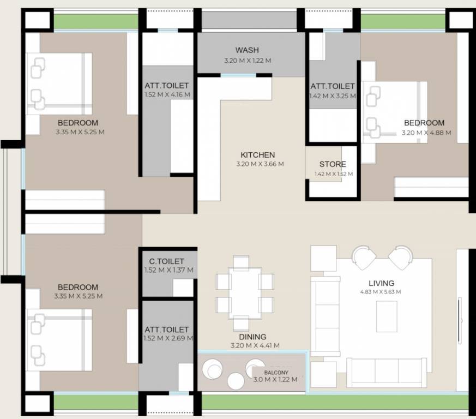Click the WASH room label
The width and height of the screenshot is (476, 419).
click(x=247, y=50)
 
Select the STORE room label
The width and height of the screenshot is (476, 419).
click(x=333, y=164)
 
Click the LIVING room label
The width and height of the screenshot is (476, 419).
click(x=381, y=283)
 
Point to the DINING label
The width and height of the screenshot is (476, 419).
click(x=251, y=337)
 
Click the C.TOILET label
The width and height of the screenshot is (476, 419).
click(x=164, y=261)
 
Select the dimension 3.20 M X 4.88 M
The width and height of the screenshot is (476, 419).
click(x=426, y=133)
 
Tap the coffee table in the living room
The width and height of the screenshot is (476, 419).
click(x=387, y=316)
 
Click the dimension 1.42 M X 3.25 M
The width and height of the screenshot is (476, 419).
click(x=333, y=95)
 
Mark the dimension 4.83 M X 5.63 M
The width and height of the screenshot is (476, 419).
click(x=381, y=292)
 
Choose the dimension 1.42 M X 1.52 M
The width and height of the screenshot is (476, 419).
click(x=333, y=174)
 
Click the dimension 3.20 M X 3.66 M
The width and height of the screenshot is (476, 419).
click(x=260, y=164)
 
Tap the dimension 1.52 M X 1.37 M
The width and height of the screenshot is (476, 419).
click(x=168, y=270)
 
